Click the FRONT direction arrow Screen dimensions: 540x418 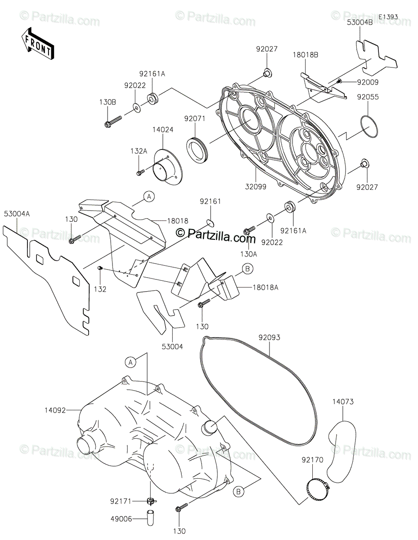(37, 44)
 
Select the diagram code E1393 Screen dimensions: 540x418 (388, 17)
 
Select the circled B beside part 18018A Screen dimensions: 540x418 (247, 269)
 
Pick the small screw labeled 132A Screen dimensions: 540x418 (140, 171)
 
